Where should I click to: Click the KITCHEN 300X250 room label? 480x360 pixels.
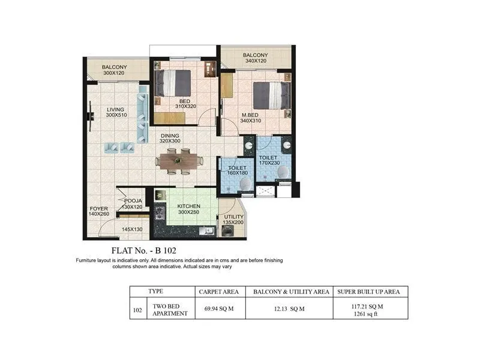point(188,209)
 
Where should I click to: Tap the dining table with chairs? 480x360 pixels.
point(179,161)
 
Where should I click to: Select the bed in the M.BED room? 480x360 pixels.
point(271,95)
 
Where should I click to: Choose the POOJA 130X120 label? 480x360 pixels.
point(133,204)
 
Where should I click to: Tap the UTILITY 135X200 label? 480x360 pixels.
point(234,219)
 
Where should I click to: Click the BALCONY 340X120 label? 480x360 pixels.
point(256,58)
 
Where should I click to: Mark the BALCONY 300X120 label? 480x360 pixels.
point(114,70)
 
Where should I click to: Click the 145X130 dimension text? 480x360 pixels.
point(132,229)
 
